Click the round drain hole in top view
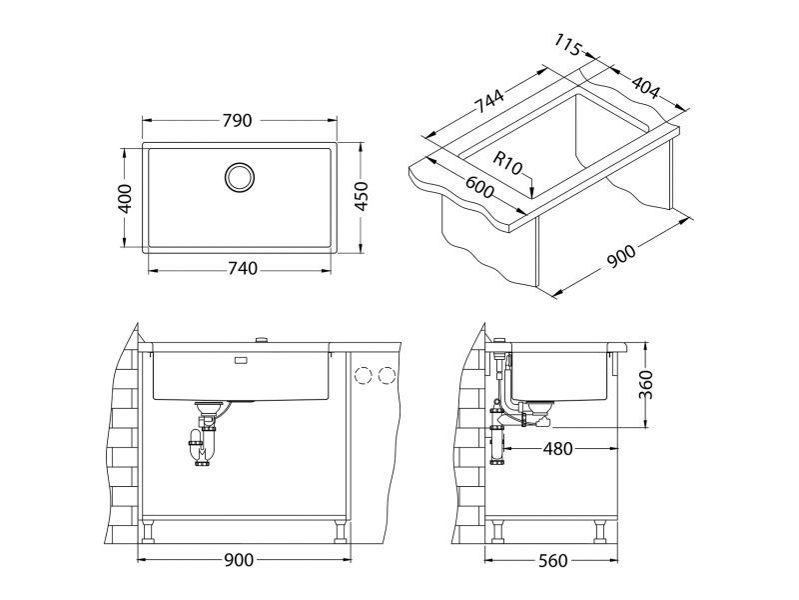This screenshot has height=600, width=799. click(240, 177)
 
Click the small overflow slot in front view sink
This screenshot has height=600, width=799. click(241, 358)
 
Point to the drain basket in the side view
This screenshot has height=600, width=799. click(540, 408)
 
